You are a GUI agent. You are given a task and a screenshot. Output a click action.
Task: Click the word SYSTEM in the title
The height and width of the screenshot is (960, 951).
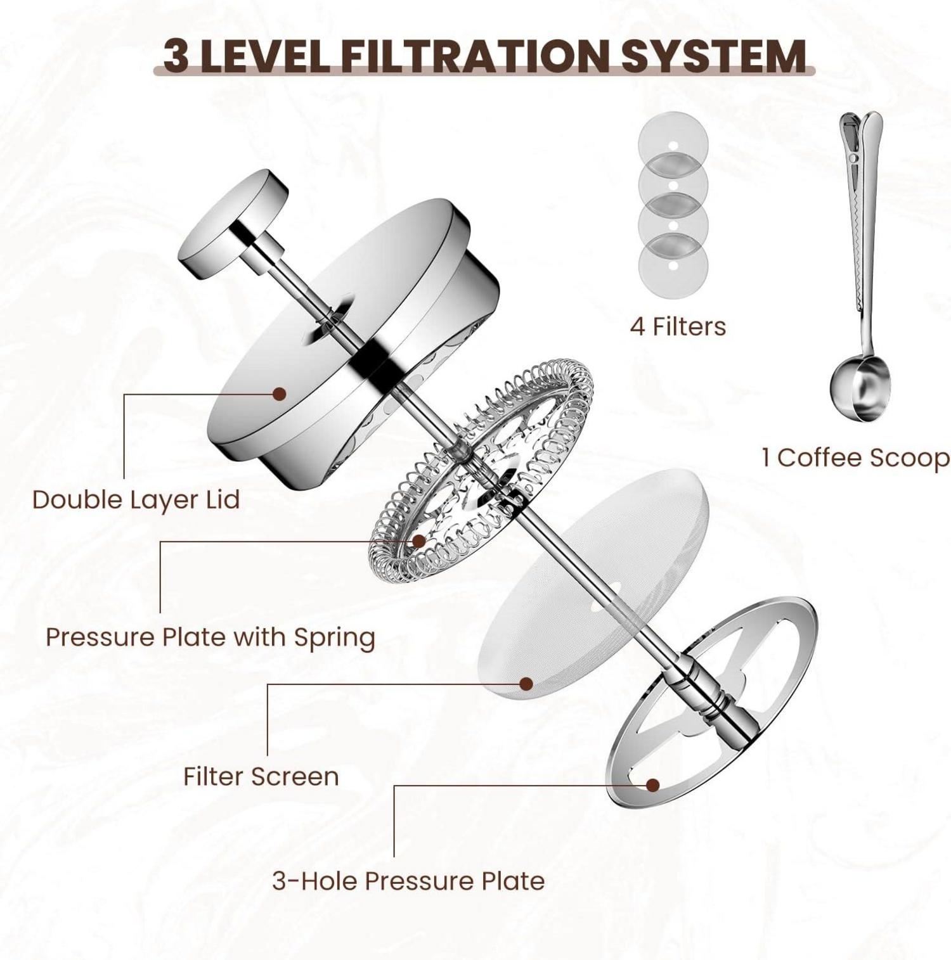(x=713, y=56)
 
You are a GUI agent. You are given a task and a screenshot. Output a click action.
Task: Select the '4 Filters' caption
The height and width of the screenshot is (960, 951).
(x=678, y=327)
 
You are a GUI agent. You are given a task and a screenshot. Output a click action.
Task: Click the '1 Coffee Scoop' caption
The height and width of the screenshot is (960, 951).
(x=856, y=458)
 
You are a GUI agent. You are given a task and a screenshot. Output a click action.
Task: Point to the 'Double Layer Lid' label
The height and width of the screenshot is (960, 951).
(x=136, y=500)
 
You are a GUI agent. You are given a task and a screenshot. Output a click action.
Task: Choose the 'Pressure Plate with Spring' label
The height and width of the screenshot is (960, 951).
(x=210, y=637)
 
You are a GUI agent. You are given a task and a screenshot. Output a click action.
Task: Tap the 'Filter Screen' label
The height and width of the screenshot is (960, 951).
(x=261, y=777)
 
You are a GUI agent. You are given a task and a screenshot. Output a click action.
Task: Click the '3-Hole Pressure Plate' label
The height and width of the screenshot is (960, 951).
(x=408, y=881)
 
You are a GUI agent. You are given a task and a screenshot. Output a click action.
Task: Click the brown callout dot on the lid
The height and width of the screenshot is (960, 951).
(x=279, y=394)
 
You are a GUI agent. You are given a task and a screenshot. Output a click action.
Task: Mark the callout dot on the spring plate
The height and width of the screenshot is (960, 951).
(x=418, y=541)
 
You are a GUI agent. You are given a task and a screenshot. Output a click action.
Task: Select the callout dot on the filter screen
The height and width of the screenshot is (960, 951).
(x=526, y=684)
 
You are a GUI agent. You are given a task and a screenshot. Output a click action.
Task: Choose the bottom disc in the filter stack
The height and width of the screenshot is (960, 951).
(x=673, y=264)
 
